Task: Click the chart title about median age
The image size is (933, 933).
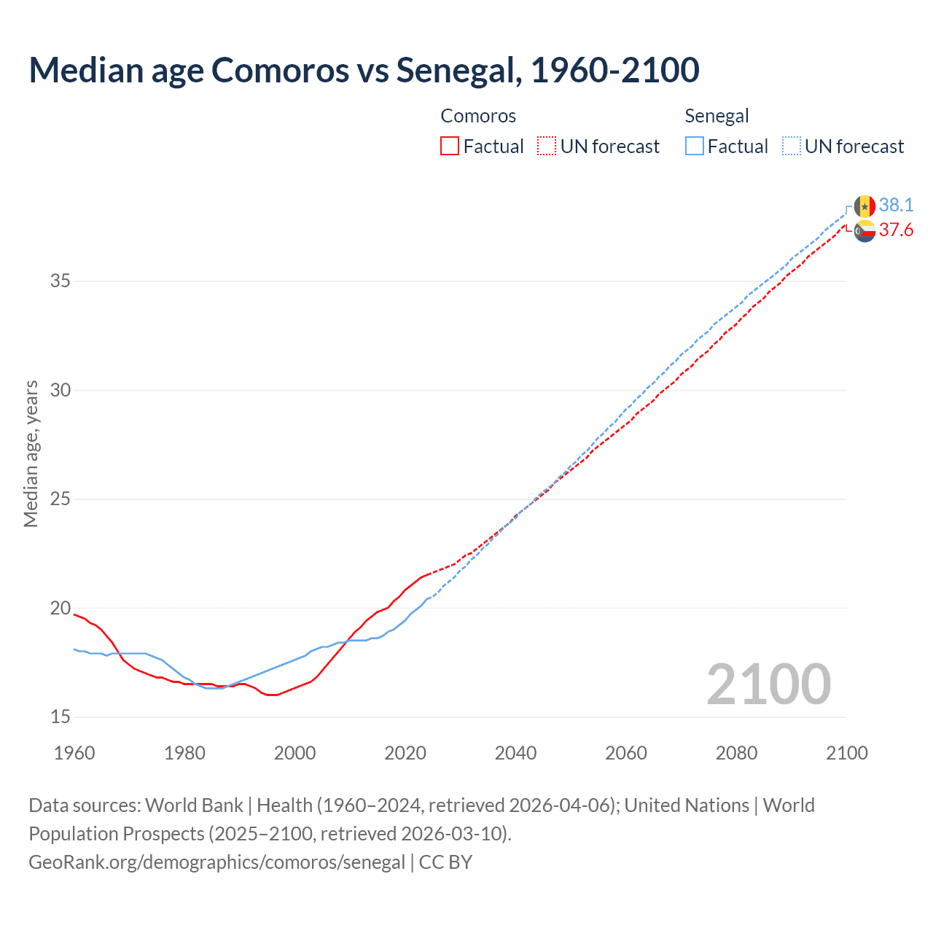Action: (x=364, y=70)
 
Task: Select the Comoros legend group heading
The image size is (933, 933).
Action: (x=478, y=116)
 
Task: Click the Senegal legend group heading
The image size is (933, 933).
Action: (x=717, y=116)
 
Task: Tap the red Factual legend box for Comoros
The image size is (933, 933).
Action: (x=450, y=147)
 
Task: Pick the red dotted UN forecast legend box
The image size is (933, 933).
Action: (x=547, y=147)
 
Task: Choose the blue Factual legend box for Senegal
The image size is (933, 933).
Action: (x=695, y=147)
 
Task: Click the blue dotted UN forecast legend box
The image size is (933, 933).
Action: (x=792, y=147)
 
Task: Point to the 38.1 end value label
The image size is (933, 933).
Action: (x=896, y=205)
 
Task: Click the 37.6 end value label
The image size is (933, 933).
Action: (x=896, y=230)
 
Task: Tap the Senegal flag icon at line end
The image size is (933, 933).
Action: (x=864, y=206)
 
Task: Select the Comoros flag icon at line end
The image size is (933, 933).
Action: (x=864, y=232)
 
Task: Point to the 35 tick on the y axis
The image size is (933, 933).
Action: (x=60, y=281)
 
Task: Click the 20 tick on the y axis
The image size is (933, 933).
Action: (x=60, y=608)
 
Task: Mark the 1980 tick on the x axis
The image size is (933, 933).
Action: (x=184, y=753)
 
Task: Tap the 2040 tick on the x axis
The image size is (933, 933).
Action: (x=515, y=753)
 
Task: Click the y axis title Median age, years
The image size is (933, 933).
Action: (x=31, y=453)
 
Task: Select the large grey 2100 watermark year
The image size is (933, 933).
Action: (x=768, y=684)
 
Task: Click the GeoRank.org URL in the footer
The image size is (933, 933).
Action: (x=216, y=862)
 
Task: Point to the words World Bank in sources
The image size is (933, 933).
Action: (x=194, y=805)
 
